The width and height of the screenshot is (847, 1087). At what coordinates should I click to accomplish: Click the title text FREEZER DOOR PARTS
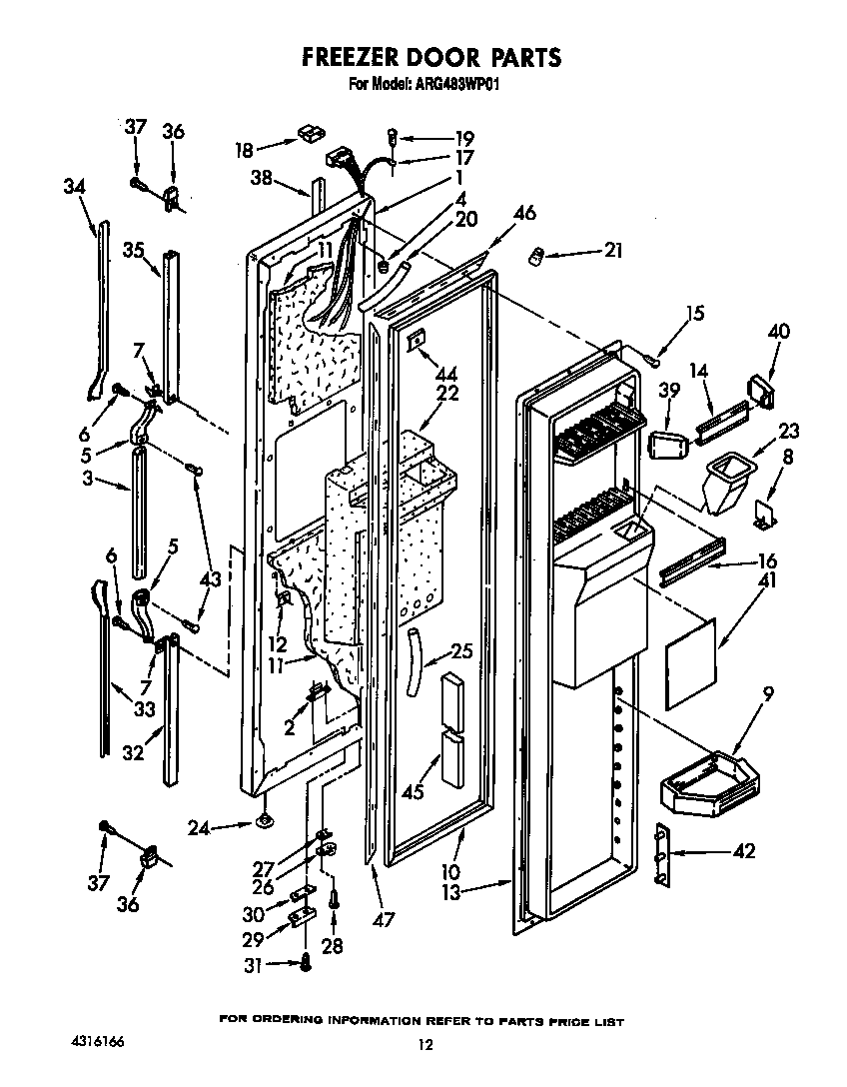[x=430, y=58]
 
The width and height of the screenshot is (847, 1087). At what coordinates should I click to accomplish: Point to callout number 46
[x=524, y=213]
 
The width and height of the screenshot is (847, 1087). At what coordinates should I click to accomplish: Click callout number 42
[x=742, y=851]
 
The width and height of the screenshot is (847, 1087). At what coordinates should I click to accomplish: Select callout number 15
[x=694, y=314]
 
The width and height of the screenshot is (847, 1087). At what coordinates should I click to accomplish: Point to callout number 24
[x=201, y=826]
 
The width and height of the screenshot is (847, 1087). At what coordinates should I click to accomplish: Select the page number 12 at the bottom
[x=424, y=1045]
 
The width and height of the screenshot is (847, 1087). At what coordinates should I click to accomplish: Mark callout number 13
[x=451, y=891]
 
